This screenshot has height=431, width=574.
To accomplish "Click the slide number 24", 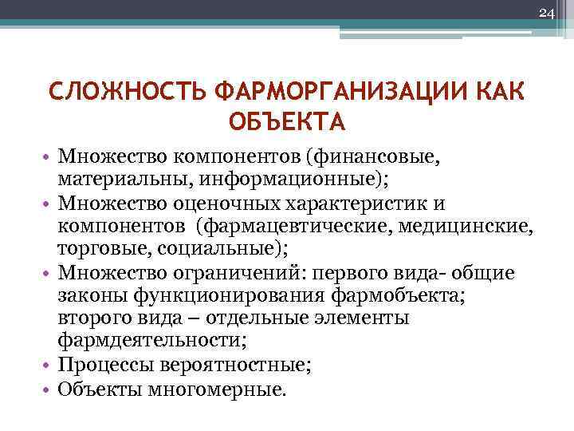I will tap(546, 13).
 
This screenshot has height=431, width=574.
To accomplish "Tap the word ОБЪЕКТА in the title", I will tap(286, 122).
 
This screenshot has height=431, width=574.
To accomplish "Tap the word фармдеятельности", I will tap(151, 342).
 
